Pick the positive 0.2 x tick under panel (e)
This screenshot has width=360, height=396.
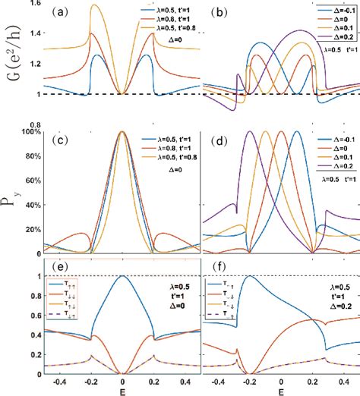(158, 381)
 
